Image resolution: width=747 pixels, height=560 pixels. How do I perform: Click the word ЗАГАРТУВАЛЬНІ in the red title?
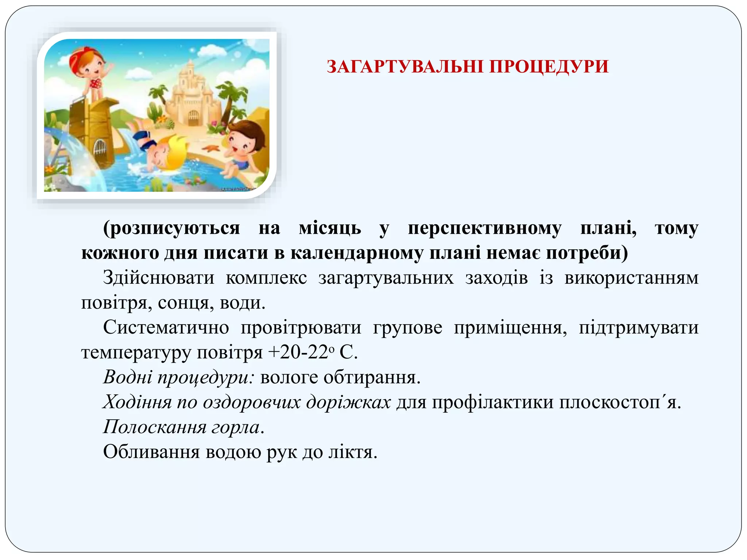[405, 67]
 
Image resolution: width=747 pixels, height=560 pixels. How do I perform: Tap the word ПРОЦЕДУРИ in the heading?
[549, 67]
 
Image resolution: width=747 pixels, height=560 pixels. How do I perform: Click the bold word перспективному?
[485, 229]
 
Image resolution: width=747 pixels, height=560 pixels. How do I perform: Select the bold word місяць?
[330, 229]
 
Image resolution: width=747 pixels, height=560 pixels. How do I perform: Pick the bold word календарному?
[356, 253]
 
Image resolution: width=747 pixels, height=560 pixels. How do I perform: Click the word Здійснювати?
[159, 277]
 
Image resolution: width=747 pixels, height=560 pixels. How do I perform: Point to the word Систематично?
[166, 327]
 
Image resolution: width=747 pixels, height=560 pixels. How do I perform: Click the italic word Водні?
[127, 377]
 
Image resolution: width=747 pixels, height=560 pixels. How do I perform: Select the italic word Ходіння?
[137, 402]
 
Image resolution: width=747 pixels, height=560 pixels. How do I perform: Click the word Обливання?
[151, 452]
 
